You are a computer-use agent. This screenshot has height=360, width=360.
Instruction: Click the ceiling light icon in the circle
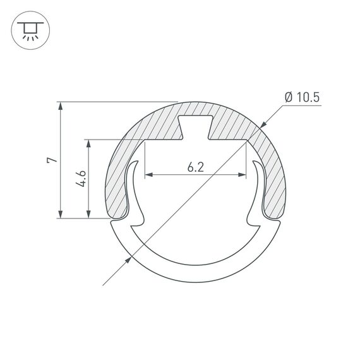tap(29, 30)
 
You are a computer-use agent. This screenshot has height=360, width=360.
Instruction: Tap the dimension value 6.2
tap(196, 167)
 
